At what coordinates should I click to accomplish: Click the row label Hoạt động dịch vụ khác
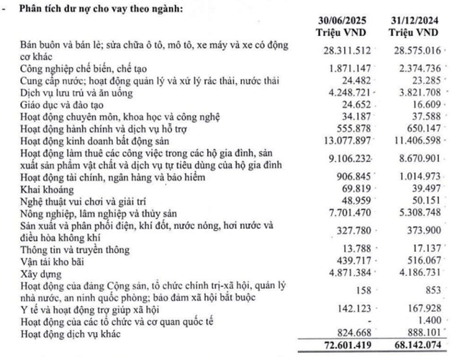(67, 333)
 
